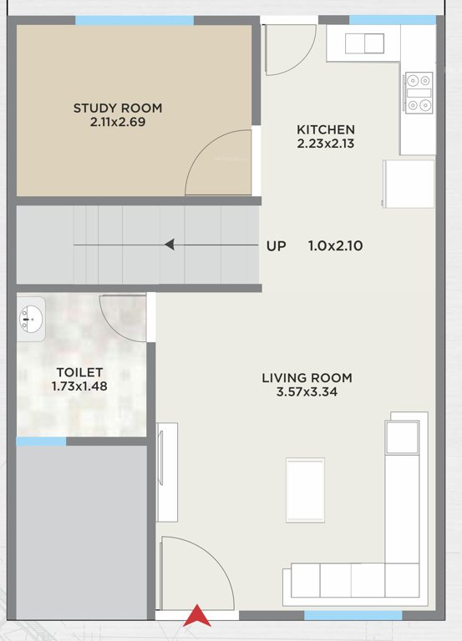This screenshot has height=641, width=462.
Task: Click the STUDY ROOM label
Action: click(118, 108)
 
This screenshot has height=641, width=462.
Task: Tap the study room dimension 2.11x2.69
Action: click(118, 123)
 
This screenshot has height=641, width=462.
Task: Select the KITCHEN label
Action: click(326, 129)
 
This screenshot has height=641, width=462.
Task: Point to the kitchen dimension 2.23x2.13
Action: click(326, 144)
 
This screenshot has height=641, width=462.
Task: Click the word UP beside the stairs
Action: click(276, 246)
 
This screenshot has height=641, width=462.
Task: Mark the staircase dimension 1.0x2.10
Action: click(335, 246)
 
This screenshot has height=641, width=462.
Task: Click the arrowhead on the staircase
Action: click(170, 245)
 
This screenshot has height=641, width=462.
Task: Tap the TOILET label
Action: click(79, 372)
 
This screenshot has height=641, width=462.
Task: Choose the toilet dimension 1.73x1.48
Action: click(79, 386)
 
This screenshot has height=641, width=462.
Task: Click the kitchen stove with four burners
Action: click(418, 92)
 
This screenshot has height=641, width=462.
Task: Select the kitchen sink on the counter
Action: click(364, 43)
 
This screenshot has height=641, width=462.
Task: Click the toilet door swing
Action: click(125, 318)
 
